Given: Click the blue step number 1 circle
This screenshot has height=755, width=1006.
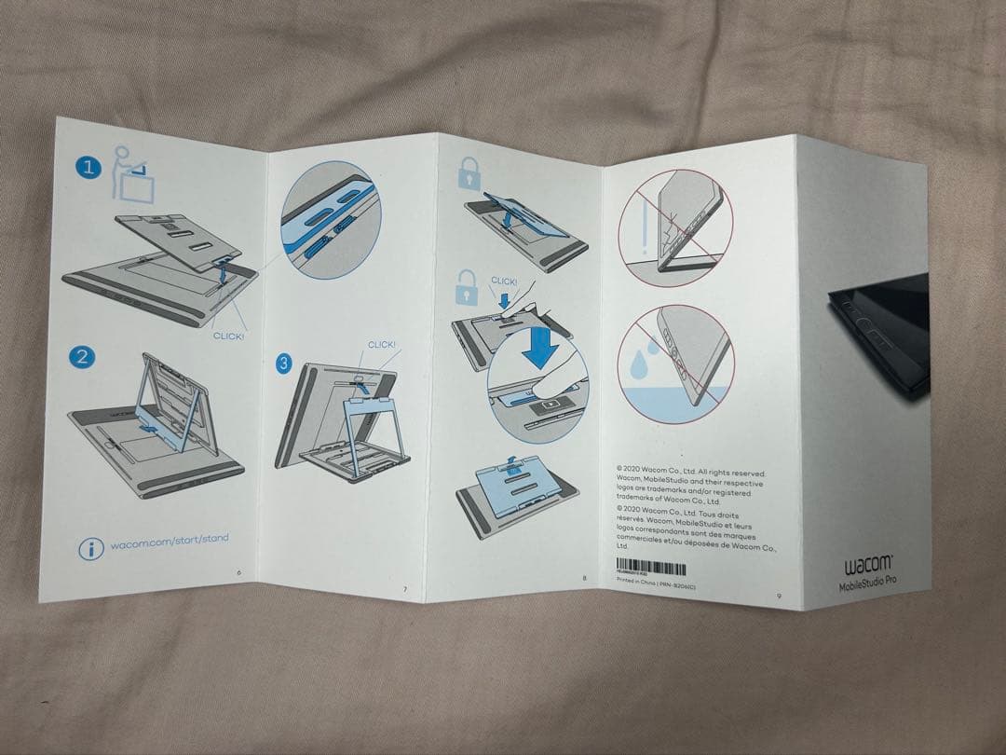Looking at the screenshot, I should point(88,168).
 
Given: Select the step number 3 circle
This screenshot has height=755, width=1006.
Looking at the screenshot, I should point(286,364).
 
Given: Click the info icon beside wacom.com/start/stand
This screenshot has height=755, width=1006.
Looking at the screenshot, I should point(90,549).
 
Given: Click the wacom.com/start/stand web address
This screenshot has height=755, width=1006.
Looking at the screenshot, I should point(169,540).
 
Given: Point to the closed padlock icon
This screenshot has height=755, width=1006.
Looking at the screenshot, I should point(468,173).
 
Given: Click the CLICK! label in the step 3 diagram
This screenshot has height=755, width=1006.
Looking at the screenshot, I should point(381,345).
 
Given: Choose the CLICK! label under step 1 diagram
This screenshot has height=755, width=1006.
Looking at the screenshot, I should point(229,336).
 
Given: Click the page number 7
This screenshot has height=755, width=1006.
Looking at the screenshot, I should point(404,589).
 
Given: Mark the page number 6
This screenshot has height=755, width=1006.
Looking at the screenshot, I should point(240,570).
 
